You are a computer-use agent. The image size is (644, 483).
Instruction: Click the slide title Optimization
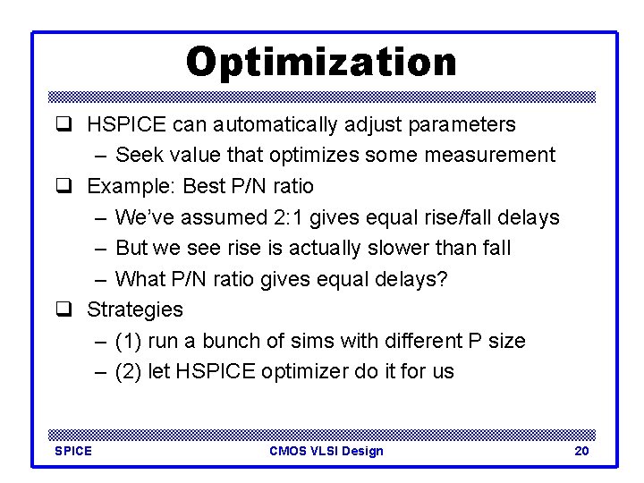tap(321, 62)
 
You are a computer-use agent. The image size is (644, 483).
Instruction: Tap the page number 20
tap(581, 451)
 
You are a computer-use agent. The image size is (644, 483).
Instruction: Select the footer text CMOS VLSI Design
tap(326, 451)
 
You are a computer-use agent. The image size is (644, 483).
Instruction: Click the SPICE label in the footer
tap(73, 451)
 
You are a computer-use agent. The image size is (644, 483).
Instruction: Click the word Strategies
tap(134, 309)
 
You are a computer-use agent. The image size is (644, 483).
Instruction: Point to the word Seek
tap(138, 156)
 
